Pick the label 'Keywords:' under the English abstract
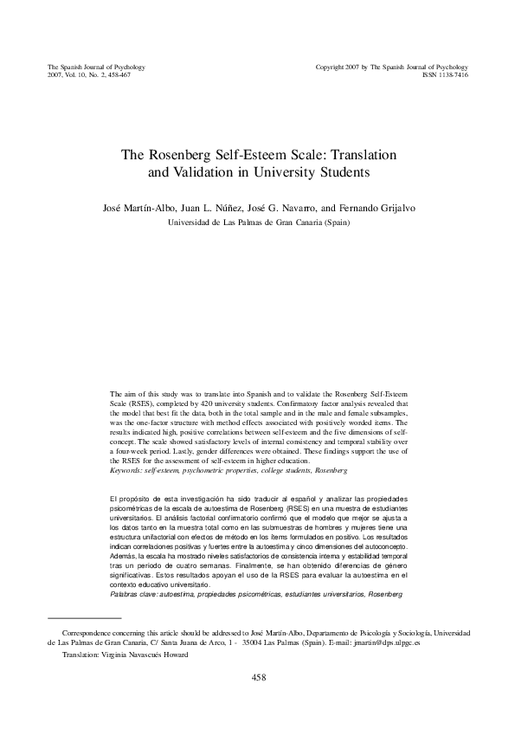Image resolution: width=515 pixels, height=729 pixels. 127,470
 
